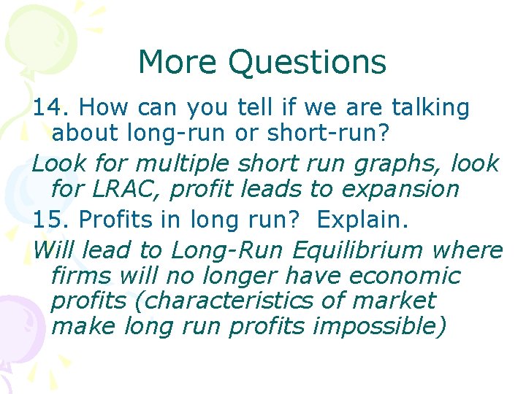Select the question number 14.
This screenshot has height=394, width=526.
(50, 108)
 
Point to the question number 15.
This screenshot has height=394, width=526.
(50, 218)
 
